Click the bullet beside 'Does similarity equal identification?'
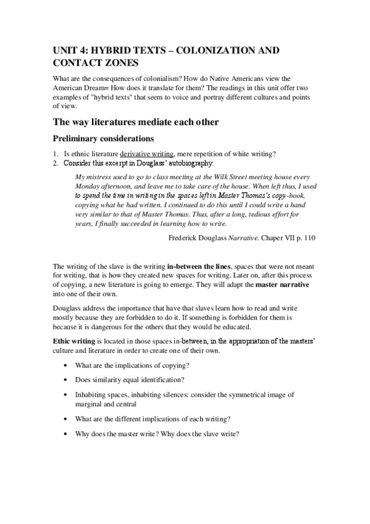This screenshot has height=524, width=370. [x=65, y=379]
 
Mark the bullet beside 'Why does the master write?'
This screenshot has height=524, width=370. [x=65, y=434]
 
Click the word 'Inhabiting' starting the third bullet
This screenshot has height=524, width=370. [x=93, y=394]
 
